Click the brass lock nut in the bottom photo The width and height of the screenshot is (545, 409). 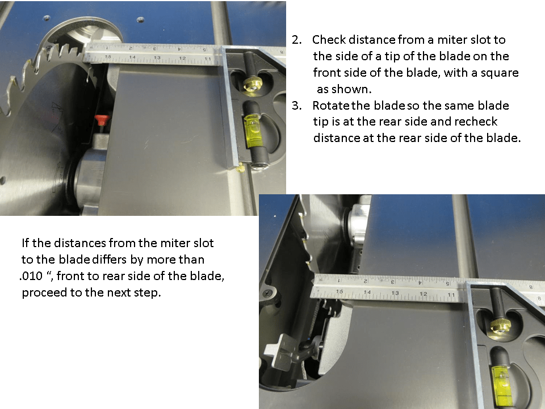pos(498,325)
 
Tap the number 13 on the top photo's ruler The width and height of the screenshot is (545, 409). pos(156,58)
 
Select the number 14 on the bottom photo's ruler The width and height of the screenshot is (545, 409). pos(367,292)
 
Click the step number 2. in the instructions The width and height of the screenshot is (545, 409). pos(297,40)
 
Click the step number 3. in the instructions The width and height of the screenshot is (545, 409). pos(297,106)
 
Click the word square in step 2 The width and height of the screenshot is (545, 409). pos(502,73)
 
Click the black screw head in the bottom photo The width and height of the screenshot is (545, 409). pos(267,293)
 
